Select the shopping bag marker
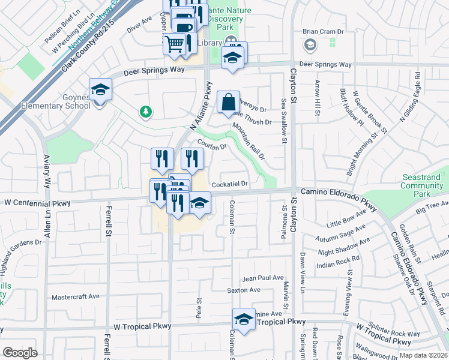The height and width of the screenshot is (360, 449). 228,103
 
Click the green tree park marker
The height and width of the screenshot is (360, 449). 145,112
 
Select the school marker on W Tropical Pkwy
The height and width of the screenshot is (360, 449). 244,320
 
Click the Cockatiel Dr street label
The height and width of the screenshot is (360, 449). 229,184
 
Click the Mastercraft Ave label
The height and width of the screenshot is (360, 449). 76,296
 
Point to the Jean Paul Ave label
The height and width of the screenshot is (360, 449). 262,278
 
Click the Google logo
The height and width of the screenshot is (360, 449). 20,353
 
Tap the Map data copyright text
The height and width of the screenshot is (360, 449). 423,355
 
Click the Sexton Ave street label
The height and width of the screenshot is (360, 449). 244,290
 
